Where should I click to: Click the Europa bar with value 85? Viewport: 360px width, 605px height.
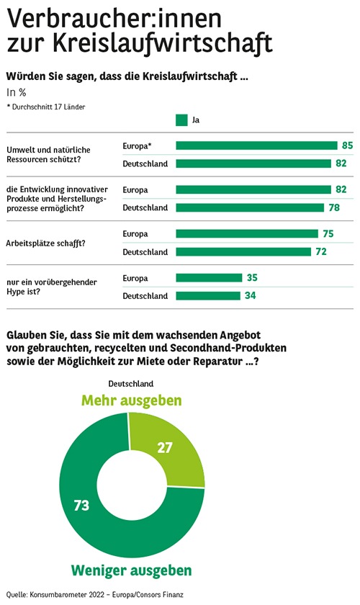coord(256,145)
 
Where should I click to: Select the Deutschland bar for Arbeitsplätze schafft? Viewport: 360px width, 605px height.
coord(243,252)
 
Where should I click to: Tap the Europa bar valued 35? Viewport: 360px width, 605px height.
coord(209,278)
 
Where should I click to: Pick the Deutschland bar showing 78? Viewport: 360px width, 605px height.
coord(250,207)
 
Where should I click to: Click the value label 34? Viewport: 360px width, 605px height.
coord(251,295)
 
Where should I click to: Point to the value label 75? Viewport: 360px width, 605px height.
coord(328,234)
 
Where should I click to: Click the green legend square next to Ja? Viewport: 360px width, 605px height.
coord(181,120)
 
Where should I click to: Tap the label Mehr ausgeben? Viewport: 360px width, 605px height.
coord(132,400)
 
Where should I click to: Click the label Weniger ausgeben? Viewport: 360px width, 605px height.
coord(132,570)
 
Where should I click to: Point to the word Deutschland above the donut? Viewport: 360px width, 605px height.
coord(131,384)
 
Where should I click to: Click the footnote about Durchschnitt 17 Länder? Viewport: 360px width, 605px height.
coord(46,107)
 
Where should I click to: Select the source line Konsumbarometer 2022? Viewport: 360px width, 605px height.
coord(94,595)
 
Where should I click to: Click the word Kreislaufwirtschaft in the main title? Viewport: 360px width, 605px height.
coord(163,42)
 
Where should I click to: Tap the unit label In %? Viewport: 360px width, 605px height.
coord(17,93)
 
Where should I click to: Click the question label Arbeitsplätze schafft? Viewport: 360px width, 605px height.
coord(45,243)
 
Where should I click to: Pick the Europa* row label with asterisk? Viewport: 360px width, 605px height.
coord(138,145)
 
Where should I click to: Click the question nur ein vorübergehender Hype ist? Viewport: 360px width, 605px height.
coord(52,287)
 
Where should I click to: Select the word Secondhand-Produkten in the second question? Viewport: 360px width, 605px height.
coord(228,348)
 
